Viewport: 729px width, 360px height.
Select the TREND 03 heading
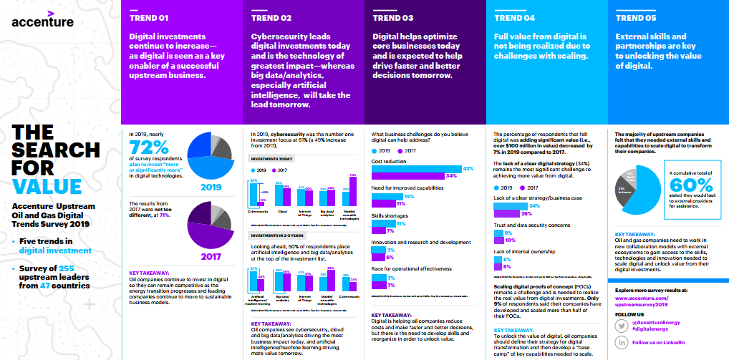click(392, 18)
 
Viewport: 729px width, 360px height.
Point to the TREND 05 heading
click(635, 18)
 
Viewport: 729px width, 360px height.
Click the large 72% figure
click(149, 147)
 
